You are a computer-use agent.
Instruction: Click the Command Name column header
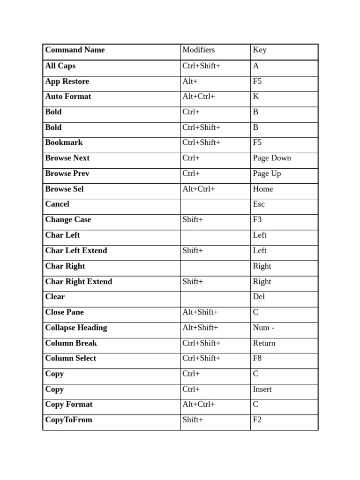pos(75,50)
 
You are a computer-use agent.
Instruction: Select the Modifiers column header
pos(198,50)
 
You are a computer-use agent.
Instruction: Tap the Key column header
pos(260,50)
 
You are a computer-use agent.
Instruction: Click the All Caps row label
pos(60,66)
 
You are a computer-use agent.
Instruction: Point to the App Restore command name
pos(67,81)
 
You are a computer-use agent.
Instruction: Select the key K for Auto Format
pos(256,97)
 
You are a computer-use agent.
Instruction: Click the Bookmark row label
pos(64,142)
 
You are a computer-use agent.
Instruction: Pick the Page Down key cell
pos(272,158)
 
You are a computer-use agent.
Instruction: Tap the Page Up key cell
pos(267,173)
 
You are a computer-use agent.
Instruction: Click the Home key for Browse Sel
pos(262,189)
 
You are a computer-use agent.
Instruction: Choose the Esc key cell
pos(259,204)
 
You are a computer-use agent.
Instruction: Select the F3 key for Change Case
pos(257,219)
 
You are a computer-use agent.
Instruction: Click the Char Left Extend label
pos(76,250)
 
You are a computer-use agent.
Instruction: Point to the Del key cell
pos(259,296)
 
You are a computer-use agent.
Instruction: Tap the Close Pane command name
pos(64,312)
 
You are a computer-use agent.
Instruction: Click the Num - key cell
pos(263,328)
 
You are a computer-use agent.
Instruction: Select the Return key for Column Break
pos(264,343)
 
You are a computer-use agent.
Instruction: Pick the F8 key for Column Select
pos(257,358)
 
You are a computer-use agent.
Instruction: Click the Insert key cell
pos(262,389)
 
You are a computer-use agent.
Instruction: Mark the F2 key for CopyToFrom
pos(257,420)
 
